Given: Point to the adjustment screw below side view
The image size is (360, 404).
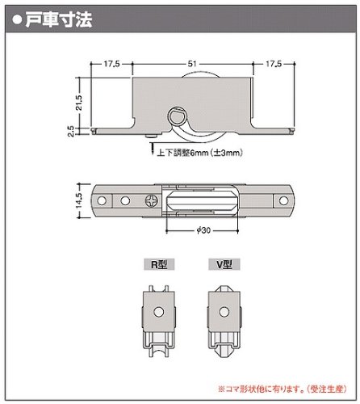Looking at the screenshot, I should click(151, 145).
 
